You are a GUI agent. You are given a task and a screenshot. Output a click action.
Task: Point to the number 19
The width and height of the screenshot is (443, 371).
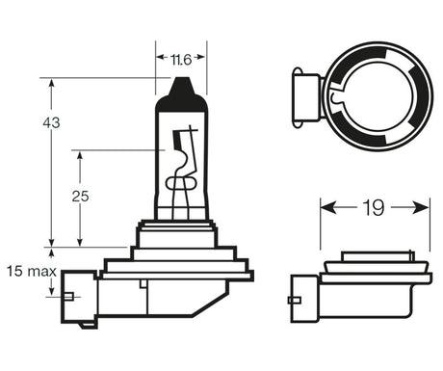point(375,206)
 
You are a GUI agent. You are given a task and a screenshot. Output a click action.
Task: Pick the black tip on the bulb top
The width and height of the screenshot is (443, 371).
point(182,88)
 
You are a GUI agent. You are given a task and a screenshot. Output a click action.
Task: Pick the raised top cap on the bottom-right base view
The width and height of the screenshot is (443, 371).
point(375,257)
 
